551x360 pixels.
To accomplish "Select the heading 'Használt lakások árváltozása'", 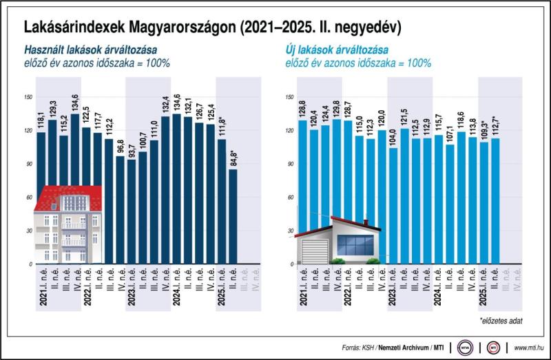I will pyautogui.click(x=90, y=50).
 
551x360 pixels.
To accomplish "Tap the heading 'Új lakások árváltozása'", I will pyautogui.click(x=336, y=50).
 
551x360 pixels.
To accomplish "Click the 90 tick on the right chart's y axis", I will pyautogui.click(x=289, y=164).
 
